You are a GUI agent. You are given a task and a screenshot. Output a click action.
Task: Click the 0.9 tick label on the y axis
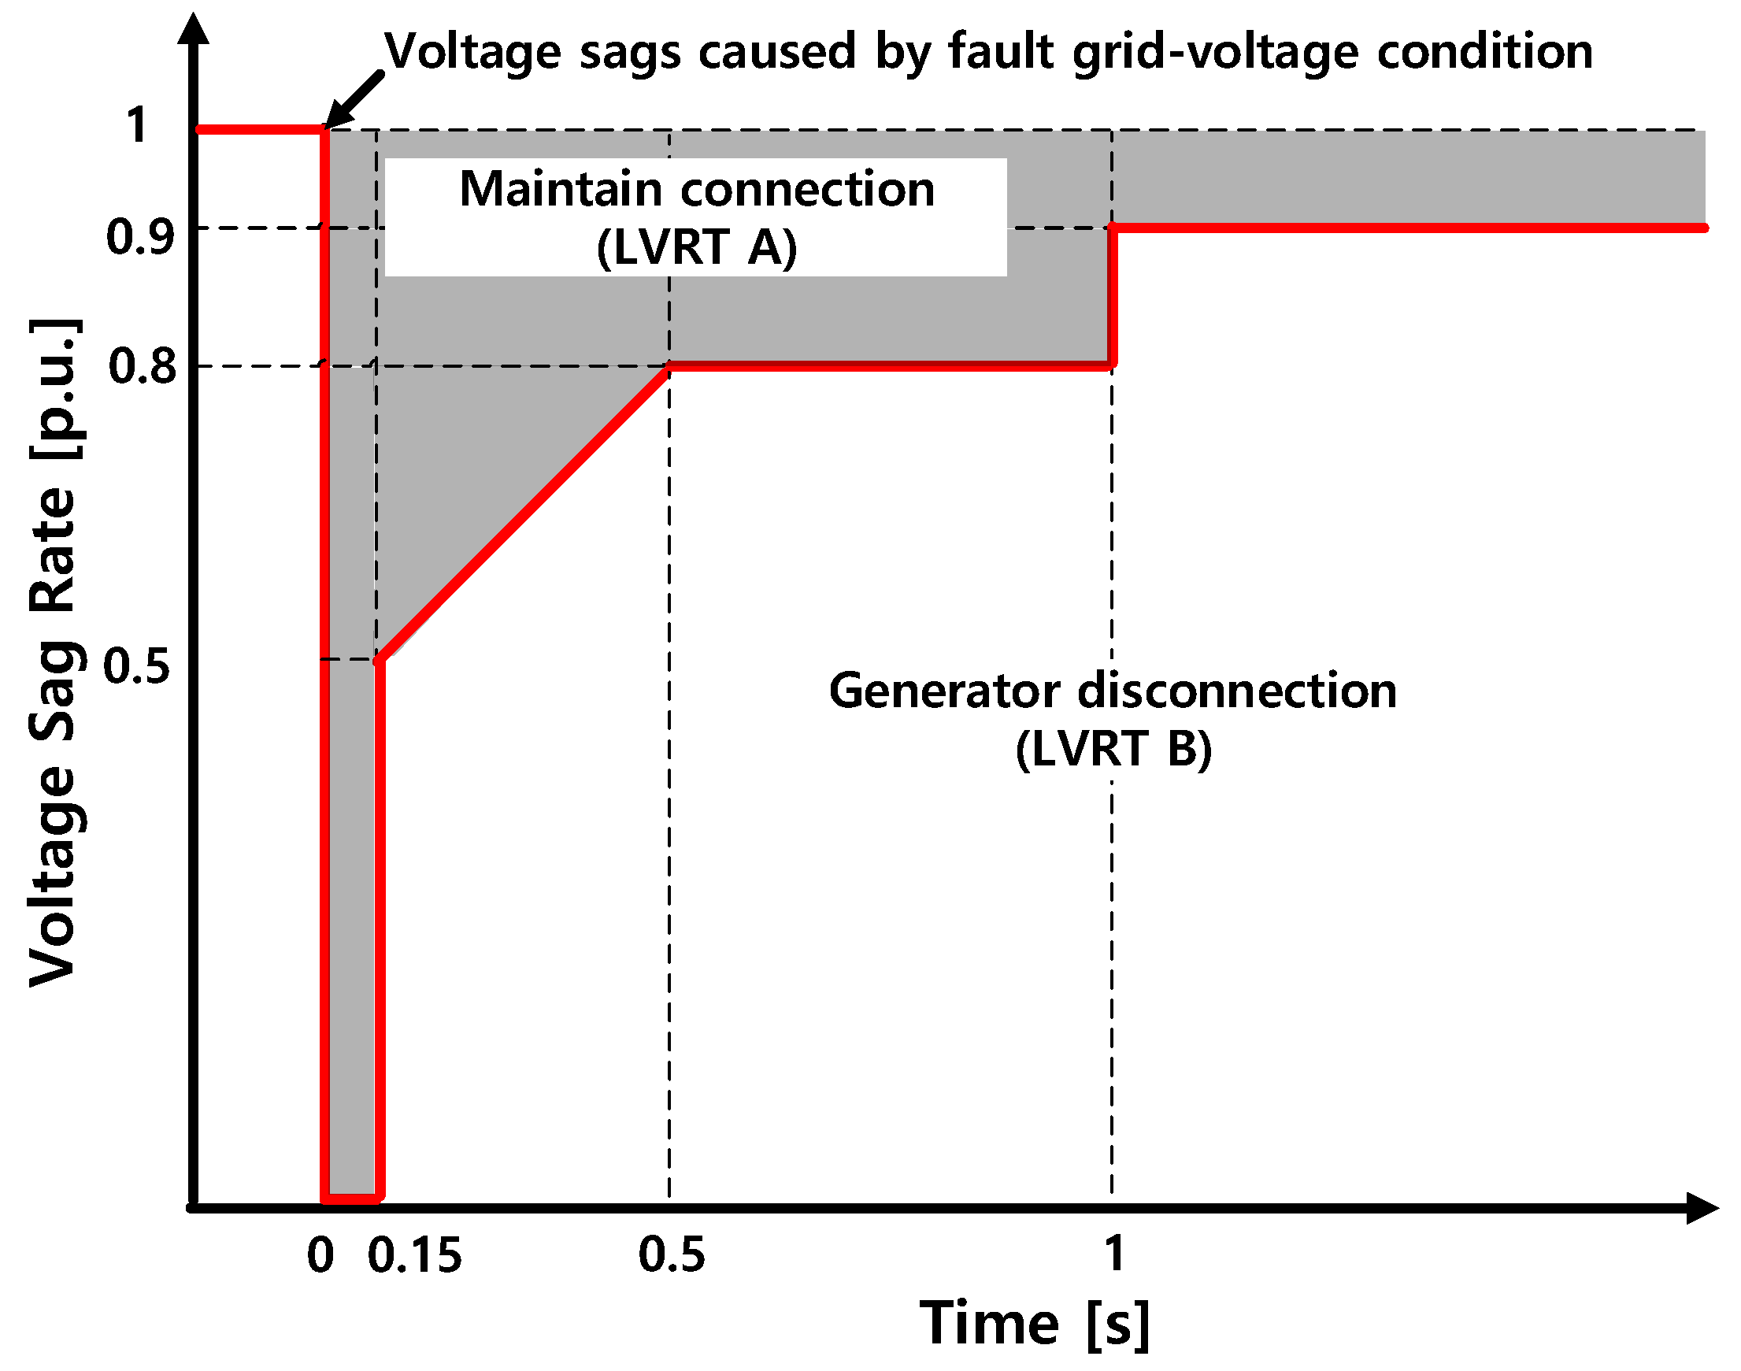[139, 238]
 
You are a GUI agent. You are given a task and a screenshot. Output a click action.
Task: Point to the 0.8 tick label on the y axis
[142, 366]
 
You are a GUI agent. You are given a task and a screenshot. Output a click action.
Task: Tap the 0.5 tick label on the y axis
[137, 666]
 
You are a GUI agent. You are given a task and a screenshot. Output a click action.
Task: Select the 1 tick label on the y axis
[137, 126]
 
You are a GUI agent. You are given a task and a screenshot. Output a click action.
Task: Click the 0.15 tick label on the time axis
[414, 1255]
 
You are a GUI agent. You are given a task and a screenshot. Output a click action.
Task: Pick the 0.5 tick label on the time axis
[671, 1255]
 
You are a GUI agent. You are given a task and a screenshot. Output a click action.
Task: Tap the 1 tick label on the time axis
[1113, 1253]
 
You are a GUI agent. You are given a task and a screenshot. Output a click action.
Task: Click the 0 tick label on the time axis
[320, 1255]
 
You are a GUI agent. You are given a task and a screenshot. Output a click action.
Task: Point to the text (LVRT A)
[697, 247]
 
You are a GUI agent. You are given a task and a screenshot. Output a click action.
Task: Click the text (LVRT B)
[1113, 749]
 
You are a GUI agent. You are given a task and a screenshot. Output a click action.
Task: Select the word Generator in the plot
[944, 692]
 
